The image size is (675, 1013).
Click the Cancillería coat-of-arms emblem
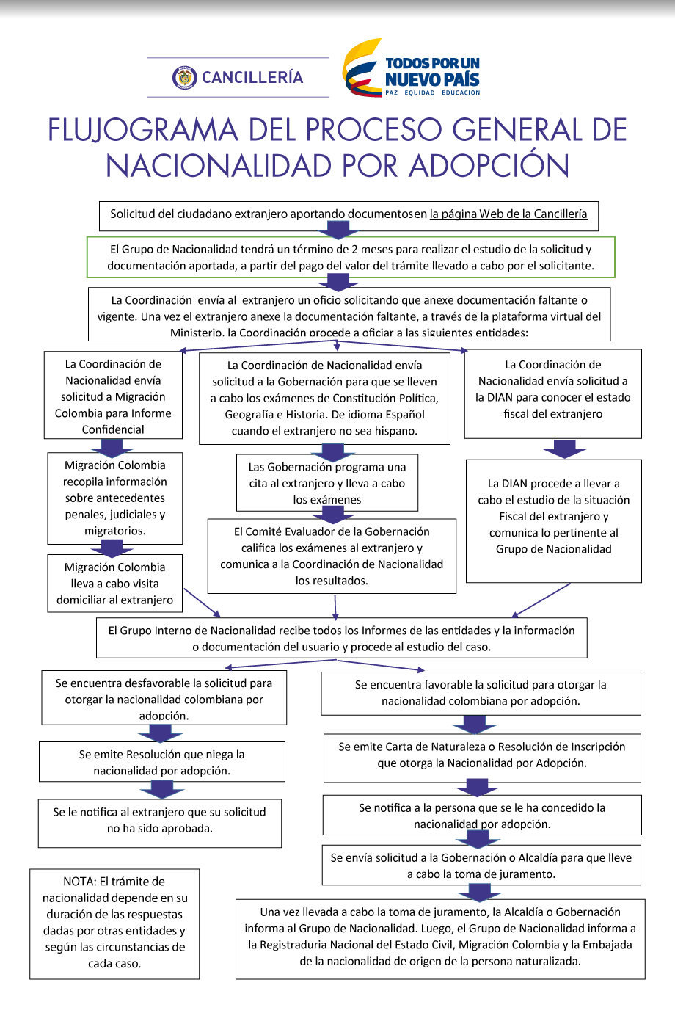click(x=185, y=77)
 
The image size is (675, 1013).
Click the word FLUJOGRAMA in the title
click(x=142, y=130)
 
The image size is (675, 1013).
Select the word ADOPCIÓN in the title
click(x=489, y=166)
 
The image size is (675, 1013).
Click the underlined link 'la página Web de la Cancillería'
click(x=508, y=214)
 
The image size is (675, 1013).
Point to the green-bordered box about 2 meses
click(x=350, y=257)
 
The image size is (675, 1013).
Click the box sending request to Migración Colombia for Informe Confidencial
click(x=113, y=396)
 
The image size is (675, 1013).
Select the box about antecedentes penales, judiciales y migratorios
click(x=114, y=498)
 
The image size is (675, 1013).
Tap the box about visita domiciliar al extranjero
click(x=114, y=584)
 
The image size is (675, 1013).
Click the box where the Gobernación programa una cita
click(x=327, y=483)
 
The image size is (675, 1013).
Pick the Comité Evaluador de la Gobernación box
click(x=332, y=556)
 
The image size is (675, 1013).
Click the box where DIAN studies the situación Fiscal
click(x=553, y=516)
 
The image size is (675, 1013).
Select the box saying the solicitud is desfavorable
click(x=164, y=698)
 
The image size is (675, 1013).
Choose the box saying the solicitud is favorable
click(x=481, y=693)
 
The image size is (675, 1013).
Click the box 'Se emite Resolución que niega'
click(x=161, y=762)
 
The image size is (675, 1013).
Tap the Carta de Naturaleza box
click(x=482, y=755)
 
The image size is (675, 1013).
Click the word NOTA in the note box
click(x=79, y=882)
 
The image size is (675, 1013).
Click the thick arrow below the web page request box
click(x=337, y=230)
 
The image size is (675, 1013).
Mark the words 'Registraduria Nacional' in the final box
click(x=318, y=945)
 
